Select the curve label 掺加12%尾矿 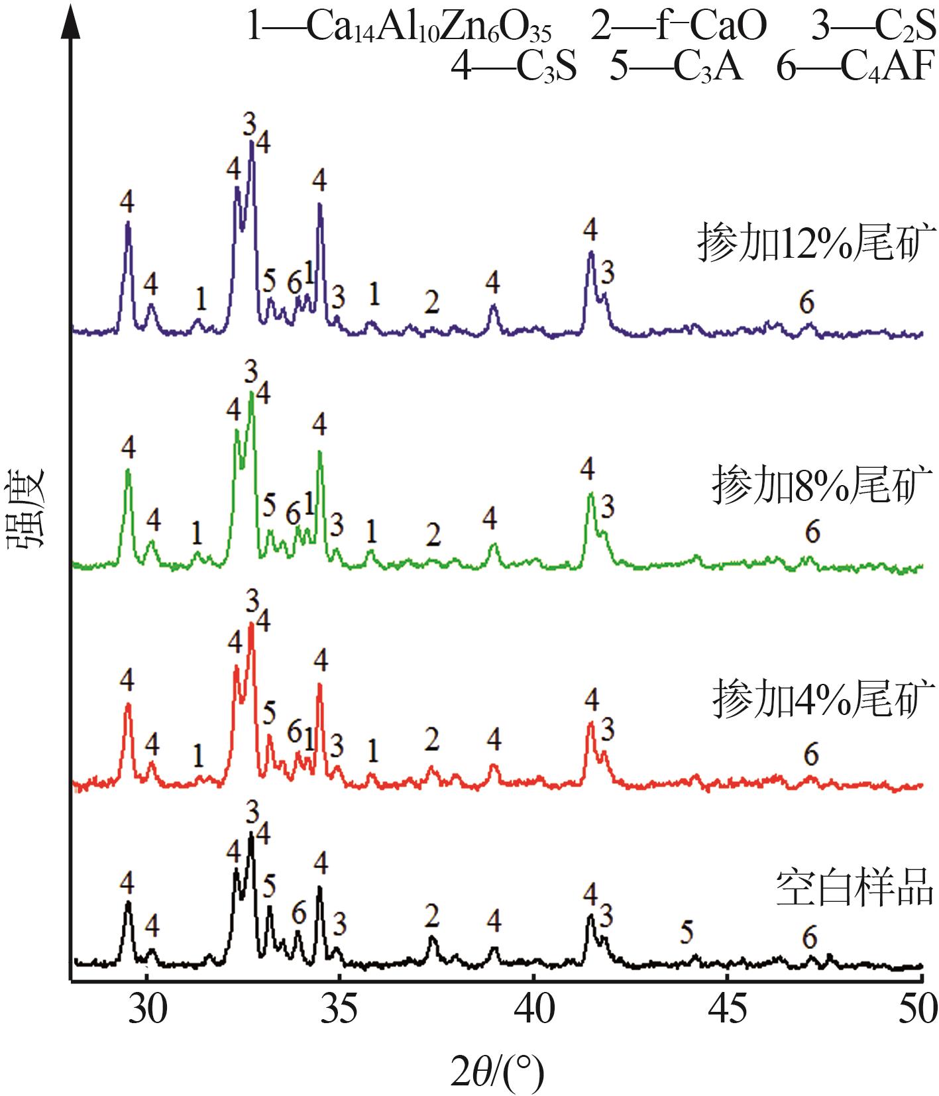point(816,243)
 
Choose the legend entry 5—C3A point(676,66)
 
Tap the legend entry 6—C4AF point(856,66)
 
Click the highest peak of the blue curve point(251,142)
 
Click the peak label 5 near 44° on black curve point(687,932)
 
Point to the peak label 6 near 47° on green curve point(812,531)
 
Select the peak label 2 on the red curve point(432,739)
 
